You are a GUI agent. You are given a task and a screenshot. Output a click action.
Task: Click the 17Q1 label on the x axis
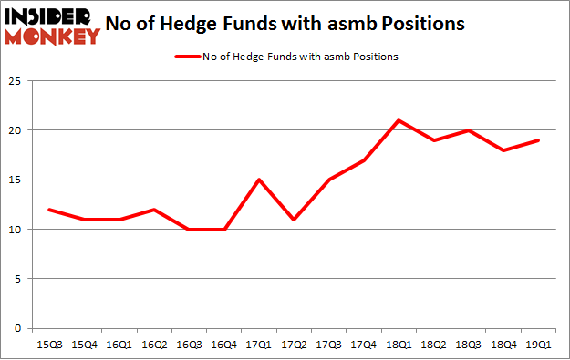(x=261, y=345)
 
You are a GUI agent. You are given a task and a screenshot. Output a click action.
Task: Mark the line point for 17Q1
(x=261, y=180)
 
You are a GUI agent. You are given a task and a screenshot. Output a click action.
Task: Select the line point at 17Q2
(x=294, y=220)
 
